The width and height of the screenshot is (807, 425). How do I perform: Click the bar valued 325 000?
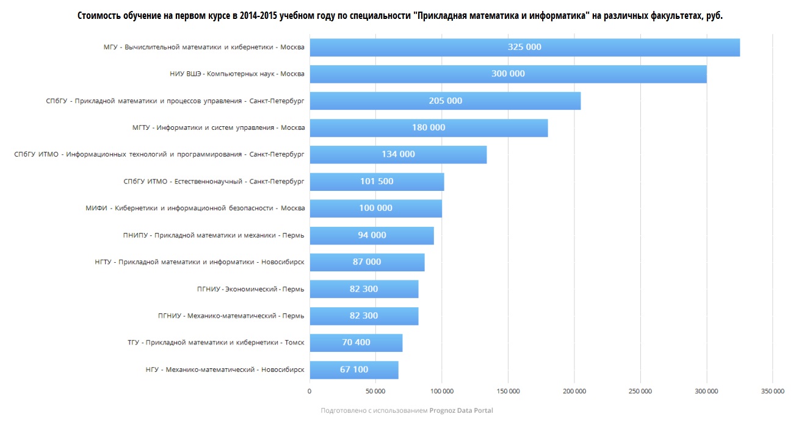pyautogui.click(x=524, y=48)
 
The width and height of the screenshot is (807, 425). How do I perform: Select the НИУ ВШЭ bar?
pyautogui.click(x=508, y=74)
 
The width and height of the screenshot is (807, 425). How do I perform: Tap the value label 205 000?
pyautogui.click(x=446, y=101)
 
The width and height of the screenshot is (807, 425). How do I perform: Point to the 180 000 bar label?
pyautogui.click(x=429, y=128)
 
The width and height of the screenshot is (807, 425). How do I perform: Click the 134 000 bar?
pyautogui.click(x=398, y=155)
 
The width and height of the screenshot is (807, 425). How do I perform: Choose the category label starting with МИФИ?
pyautogui.click(x=195, y=209)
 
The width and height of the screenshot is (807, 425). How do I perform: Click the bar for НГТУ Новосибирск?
pyautogui.click(x=366, y=262)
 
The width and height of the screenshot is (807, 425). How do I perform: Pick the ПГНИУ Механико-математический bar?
pyautogui.click(x=364, y=316)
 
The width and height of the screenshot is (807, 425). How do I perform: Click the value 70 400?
pyautogui.click(x=356, y=343)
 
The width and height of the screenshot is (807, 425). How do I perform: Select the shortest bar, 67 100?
pyautogui.click(x=354, y=370)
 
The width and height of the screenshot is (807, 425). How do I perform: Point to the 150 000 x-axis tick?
pyautogui.click(x=508, y=391)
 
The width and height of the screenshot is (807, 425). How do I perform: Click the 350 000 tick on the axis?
pyautogui.click(x=772, y=391)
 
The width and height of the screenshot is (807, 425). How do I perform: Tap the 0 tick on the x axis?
pyautogui.click(x=309, y=391)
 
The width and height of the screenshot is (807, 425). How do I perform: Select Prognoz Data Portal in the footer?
pyautogui.click(x=461, y=411)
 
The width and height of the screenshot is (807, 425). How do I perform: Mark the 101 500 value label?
pyautogui.click(x=377, y=182)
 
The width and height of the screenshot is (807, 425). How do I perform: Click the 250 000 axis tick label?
pyautogui.click(x=640, y=391)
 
